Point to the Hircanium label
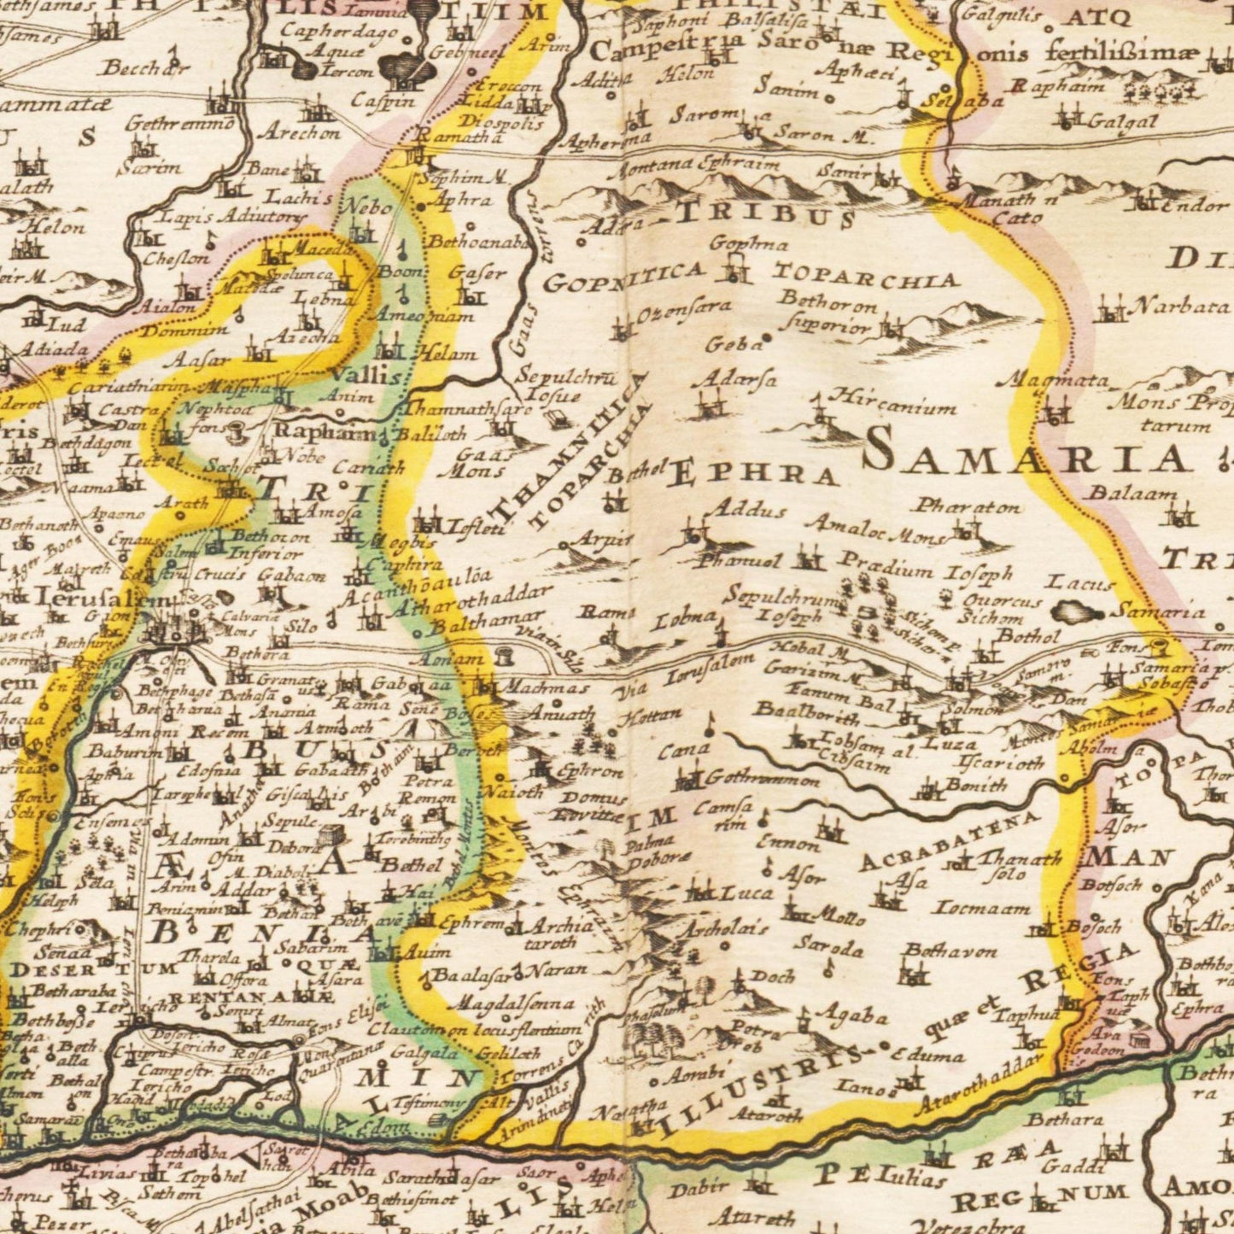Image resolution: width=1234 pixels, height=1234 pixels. pos(892,402)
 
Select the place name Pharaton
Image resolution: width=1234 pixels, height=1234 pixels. pos(967,506)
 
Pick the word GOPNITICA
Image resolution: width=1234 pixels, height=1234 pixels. pos(623,278)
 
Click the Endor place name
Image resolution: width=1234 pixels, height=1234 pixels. pos(1196,205)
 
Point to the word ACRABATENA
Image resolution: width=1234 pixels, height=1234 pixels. pos(948,841)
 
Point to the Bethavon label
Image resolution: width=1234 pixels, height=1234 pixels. pos(950,950)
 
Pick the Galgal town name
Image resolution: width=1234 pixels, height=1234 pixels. pos(1123,121)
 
